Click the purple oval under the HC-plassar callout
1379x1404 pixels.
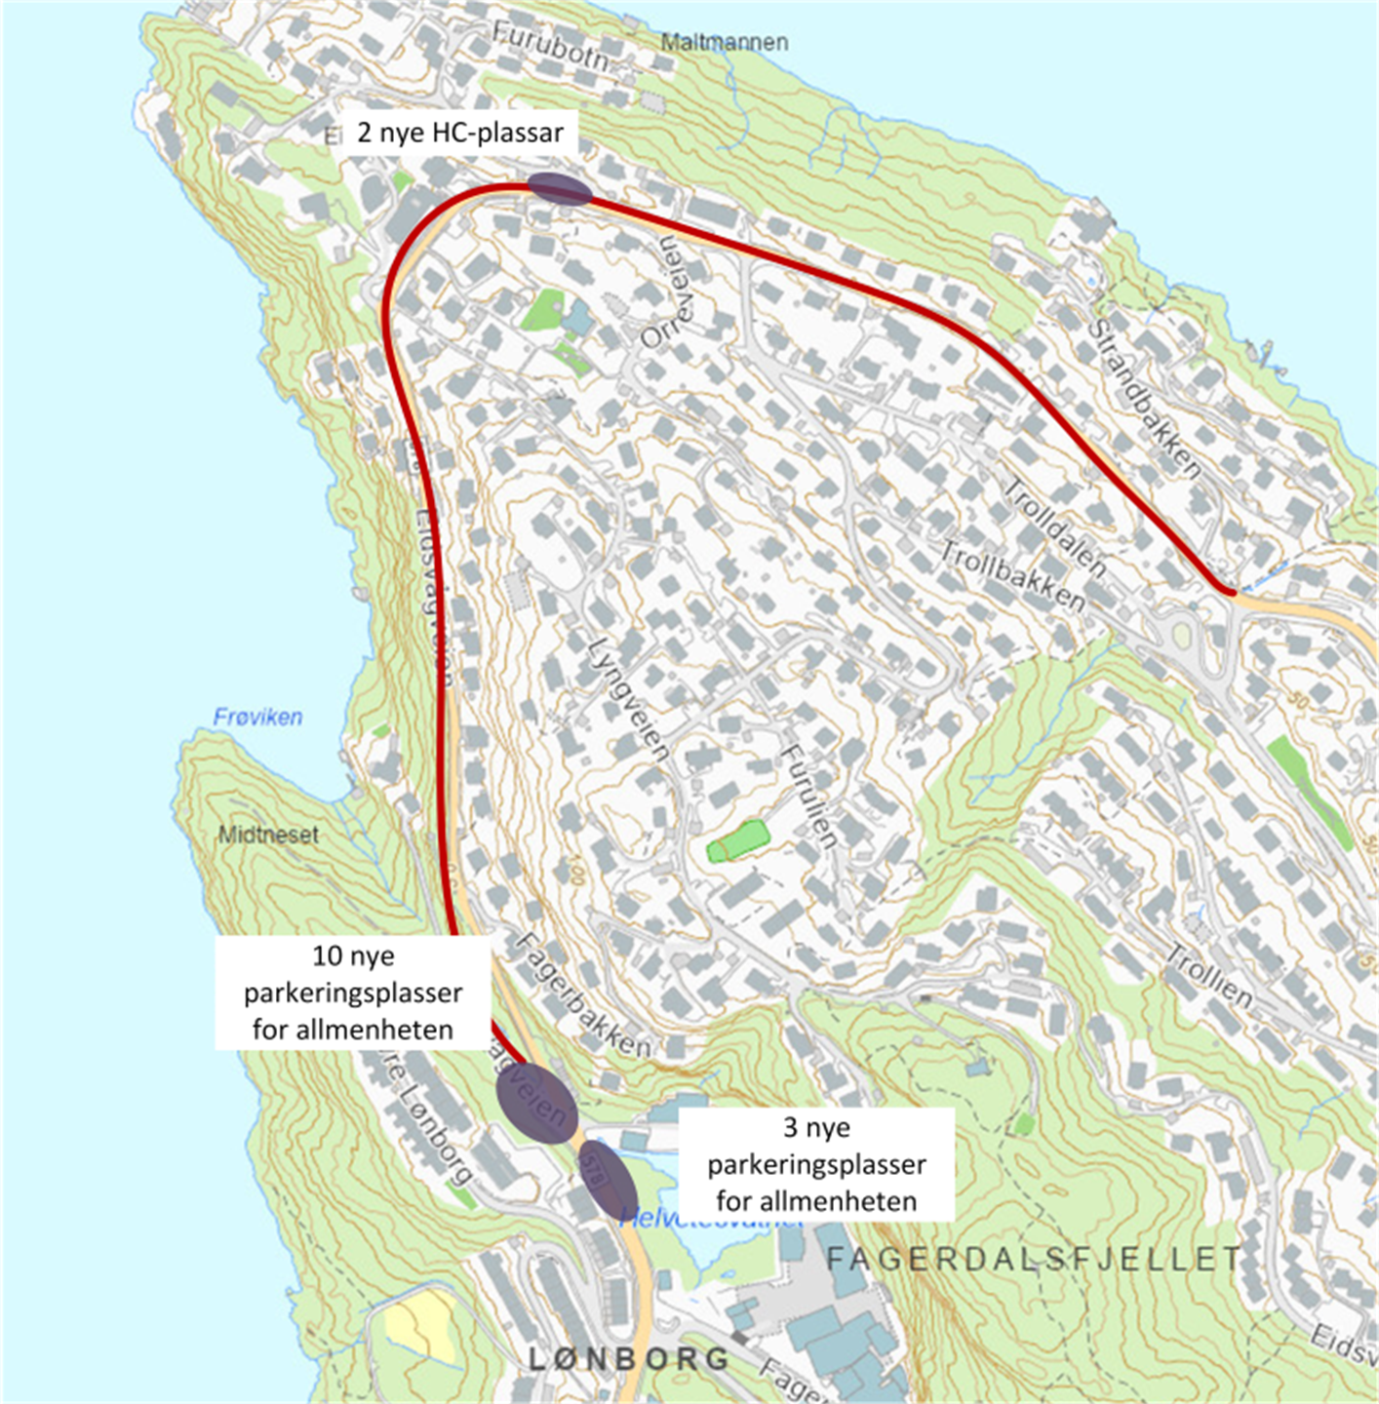tap(560, 189)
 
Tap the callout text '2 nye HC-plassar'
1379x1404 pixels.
tap(460, 133)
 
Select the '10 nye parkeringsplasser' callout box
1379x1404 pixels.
tap(353, 993)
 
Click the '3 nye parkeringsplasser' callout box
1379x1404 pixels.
tap(816, 1164)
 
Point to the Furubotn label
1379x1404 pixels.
tap(549, 46)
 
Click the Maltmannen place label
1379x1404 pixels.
tap(724, 42)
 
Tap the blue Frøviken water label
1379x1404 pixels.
tap(257, 717)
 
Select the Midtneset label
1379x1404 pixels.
tap(268, 835)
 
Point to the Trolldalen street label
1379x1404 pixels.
tap(1054, 527)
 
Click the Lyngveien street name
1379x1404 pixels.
tap(630, 698)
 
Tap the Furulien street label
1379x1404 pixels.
tap(809, 796)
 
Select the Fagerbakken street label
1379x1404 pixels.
tap(582, 995)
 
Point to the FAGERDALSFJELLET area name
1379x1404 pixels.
tap(1034, 1259)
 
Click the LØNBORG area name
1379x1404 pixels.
tap(629, 1358)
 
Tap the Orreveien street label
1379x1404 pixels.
tap(672, 292)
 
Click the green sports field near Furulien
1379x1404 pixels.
tap(738, 840)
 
